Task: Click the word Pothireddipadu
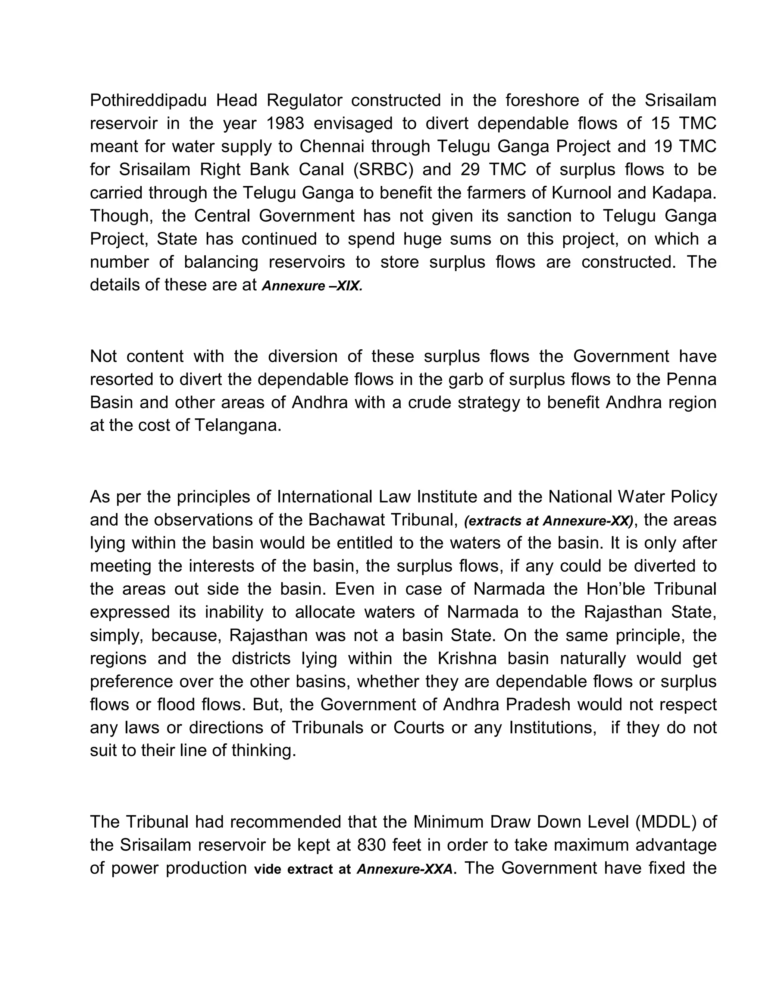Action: (148, 100)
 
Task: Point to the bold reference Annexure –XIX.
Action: (312, 286)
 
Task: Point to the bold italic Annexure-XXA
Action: (405, 869)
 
